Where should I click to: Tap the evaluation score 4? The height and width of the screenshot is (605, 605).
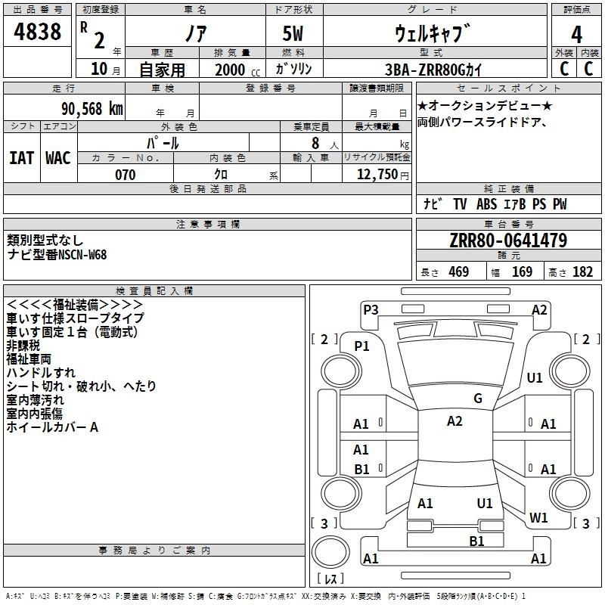point(576,35)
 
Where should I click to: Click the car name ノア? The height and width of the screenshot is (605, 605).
point(195,34)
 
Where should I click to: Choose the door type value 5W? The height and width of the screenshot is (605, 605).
point(295,35)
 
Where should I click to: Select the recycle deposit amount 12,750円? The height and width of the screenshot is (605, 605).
point(383,175)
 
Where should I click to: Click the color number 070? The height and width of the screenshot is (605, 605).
point(125,175)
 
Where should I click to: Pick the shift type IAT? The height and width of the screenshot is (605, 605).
point(21,157)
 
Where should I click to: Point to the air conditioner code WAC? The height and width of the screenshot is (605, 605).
point(57,157)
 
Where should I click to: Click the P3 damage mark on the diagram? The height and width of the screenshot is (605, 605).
point(371,309)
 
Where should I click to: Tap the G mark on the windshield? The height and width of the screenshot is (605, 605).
point(477,399)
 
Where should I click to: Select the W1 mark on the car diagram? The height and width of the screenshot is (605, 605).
point(538,518)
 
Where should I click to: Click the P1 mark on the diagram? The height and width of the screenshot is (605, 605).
point(361,346)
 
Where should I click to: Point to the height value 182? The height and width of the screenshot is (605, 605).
point(582,272)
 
